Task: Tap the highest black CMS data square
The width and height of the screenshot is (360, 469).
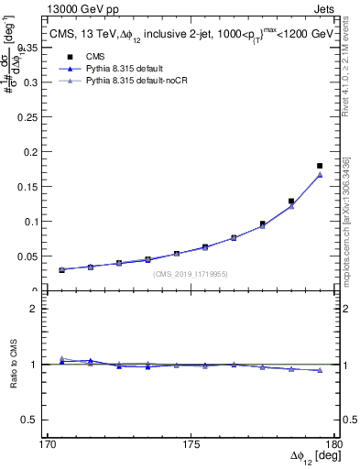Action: pyautogui.click(x=320, y=166)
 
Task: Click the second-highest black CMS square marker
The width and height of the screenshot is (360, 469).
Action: pyautogui.click(x=291, y=201)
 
